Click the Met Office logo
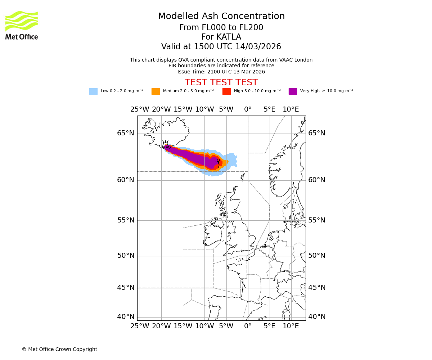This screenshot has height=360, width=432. [x=22, y=25]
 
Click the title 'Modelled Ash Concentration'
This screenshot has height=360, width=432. [x=221, y=17]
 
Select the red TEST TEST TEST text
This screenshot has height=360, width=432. [x=221, y=82]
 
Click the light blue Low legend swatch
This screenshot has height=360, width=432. [x=93, y=91]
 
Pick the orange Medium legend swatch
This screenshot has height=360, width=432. [x=156, y=91]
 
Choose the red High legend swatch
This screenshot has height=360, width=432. [x=226, y=91]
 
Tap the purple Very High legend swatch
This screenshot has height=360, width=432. [x=293, y=91]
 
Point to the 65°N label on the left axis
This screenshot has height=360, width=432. [x=125, y=133]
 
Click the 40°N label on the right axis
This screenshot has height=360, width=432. [x=316, y=317]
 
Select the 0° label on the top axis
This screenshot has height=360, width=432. [x=248, y=109]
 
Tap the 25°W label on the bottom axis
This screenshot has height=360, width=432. [x=140, y=326]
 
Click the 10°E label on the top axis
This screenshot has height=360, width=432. [x=291, y=109]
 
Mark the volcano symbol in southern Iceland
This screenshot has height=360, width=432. [x=166, y=145]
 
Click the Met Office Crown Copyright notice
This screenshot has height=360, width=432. [x=59, y=350]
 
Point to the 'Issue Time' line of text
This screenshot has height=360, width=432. [x=221, y=72]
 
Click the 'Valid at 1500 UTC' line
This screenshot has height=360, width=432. [x=221, y=47]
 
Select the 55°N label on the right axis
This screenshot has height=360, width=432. [x=316, y=220]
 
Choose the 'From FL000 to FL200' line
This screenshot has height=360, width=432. [x=221, y=28]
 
